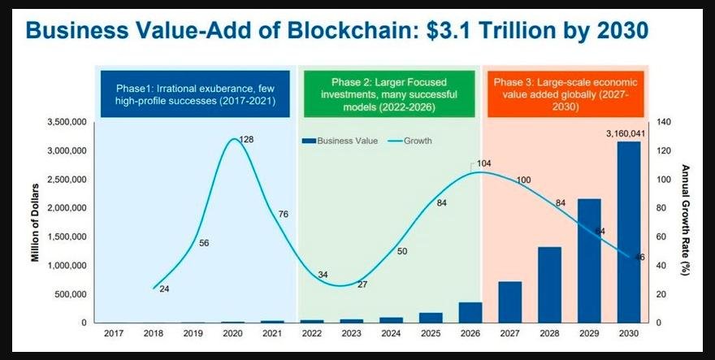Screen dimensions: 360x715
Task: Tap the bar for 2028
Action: pyautogui.click(x=550, y=284)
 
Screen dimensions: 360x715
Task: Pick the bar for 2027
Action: pyautogui.click(x=509, y=302)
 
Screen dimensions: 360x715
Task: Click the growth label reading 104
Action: pyautogui.click(x=484, y=163)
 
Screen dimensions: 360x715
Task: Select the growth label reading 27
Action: pyautogui.click(x=362, y=284)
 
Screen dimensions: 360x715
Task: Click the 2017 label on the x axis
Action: pyautogui.click(x=114, y=333)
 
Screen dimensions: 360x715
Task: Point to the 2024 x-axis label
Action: pyautogui.click(x=391, y=333)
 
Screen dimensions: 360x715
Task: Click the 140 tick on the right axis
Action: pyautogui.click(x=665, y=122)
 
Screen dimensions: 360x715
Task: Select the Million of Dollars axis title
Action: pyautogui.click(x=36, y=222)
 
